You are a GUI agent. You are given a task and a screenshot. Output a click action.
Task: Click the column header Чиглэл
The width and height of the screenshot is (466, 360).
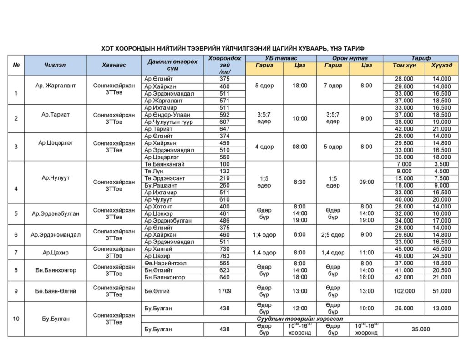pos(55,65)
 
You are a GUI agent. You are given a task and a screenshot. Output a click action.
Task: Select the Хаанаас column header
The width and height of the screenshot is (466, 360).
pos(114,65)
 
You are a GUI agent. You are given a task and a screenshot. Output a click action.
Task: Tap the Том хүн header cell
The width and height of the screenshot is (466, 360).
pos(404,66)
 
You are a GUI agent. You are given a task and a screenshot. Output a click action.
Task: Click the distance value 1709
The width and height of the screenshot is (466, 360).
pos(224,291)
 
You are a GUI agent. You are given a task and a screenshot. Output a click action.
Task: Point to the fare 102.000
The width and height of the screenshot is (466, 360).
pos(404,291)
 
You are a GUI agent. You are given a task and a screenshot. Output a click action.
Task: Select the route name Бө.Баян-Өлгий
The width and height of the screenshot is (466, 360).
pos(55,291)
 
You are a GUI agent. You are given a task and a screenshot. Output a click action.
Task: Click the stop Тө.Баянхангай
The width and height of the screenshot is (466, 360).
pos(164,164)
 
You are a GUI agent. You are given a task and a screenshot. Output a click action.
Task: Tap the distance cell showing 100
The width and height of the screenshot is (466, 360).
pos(224,164)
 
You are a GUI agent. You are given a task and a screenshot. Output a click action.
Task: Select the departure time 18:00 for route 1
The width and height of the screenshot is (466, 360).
pos(299,86)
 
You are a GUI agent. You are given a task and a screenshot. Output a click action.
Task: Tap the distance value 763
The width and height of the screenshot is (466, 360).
pos(224,256)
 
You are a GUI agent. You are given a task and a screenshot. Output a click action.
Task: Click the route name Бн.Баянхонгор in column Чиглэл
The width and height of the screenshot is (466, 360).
pos(55,270)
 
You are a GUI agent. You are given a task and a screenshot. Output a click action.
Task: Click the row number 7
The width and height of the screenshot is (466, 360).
pos(16,253)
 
